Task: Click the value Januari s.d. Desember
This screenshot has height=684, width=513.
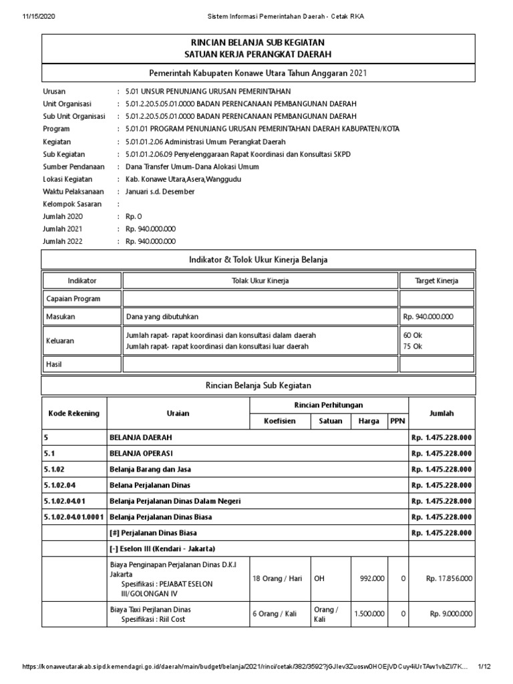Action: [x=160, y=192]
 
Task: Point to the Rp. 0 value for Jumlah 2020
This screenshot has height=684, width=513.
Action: [x=134, y=216]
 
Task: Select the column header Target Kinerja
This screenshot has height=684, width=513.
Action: [x=436, y=281]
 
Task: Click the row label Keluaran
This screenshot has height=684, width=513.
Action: [x=60, y=340]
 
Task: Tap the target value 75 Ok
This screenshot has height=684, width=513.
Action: [x=413, y=346]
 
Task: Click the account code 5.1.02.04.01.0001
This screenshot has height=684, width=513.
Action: [x=74, y=516]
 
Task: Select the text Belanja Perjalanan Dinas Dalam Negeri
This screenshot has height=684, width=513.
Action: [x=175, y=500]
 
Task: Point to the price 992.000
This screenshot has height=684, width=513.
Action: [x=371, y=578]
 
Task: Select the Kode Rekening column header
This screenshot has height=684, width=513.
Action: [x=74, y=413]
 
